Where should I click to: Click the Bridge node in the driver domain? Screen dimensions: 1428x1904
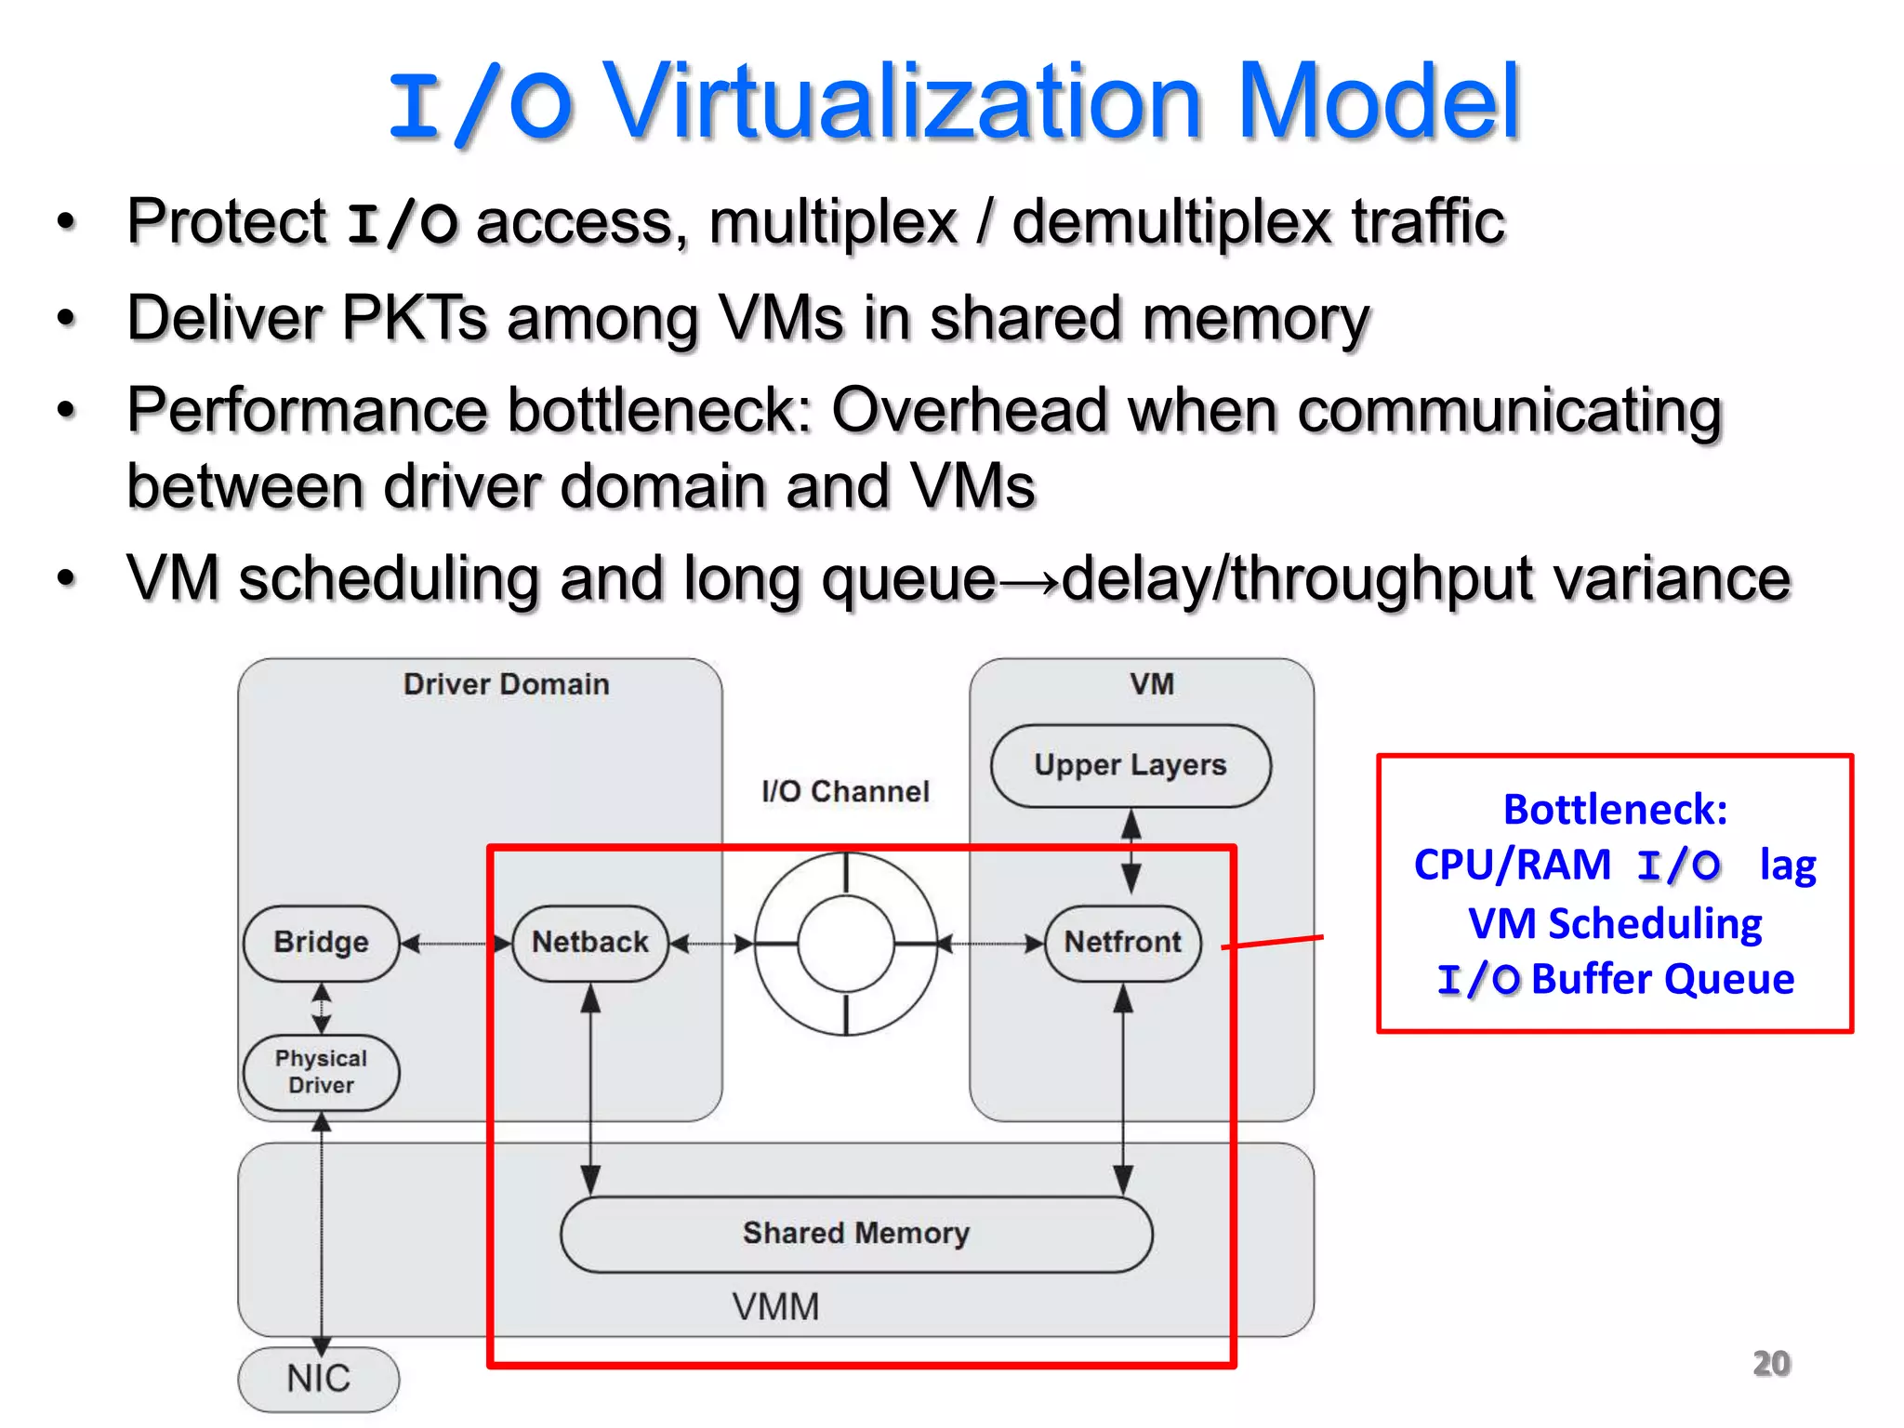tap(321, 943)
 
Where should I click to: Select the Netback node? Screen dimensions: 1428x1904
tap(589, 943)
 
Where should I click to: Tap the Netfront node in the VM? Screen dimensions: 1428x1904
tap(1122, 943)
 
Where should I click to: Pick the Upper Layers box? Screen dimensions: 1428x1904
tap(1130, 765)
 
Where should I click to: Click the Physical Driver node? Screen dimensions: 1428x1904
tap(321, 1072)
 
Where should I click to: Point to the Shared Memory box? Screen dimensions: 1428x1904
tap(855, 1234)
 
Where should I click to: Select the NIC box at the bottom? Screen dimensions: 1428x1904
tap(318, 1379)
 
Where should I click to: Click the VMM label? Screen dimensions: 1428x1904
tap(775, 1307)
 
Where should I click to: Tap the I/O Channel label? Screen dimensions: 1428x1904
tap(844, 791)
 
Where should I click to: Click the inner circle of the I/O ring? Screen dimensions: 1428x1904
tap(846, 944)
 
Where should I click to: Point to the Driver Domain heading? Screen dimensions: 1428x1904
tap(506, 684)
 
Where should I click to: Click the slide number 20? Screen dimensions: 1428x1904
tap(1770, 1364)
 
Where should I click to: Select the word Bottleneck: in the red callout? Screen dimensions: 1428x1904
tap(1615, 809)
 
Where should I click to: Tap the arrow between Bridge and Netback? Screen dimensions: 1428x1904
tap(456, 944)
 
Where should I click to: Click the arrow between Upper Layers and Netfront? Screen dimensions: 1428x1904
tap(1130, 851)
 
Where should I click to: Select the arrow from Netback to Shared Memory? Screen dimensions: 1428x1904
tap(590, 1088)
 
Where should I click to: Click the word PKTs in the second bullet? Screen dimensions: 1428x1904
tap(414, 318)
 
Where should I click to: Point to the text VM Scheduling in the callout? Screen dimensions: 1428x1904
tap(1615, 924)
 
